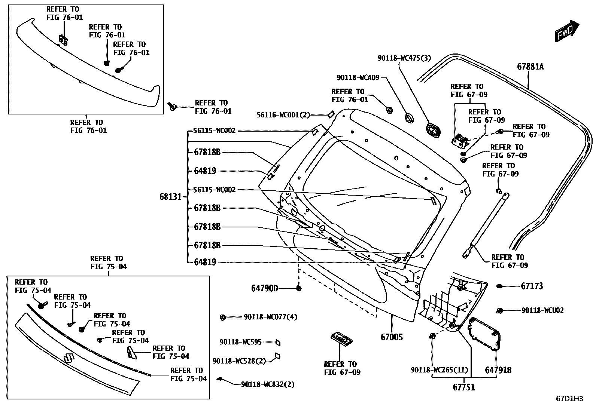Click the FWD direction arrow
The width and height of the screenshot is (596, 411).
click(566, 31)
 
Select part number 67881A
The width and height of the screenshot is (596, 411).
click(530, 67)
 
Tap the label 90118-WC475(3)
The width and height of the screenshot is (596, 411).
click(404, 58)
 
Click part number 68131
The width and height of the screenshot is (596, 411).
click(170, 197)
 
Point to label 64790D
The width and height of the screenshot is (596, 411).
click(265, 288)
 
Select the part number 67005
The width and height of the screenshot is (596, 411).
click(392, 337)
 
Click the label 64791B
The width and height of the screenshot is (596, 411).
click(498, 370)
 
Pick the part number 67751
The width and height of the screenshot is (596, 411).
click(464, 387)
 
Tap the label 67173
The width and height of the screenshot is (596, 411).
click(532, 286)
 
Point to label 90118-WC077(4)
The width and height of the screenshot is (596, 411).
click(270, 317)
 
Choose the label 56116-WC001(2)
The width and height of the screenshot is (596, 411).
click(283, 115)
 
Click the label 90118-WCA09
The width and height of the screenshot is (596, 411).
click(358, 77)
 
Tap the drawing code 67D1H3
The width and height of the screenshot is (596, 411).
click(569, 399)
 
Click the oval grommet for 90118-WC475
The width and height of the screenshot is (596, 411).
click(433, 130)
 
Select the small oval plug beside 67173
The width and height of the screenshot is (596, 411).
click(499, 286)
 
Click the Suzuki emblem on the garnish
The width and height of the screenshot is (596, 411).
click(68, 358)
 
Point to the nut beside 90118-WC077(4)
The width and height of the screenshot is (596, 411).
click(222, 318)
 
